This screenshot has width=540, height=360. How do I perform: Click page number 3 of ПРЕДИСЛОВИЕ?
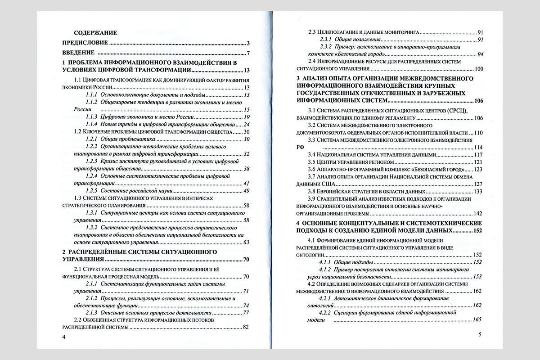tap(248, 43)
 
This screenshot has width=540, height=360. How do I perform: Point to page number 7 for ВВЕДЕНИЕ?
tap(248, 54)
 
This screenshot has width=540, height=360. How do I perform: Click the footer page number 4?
tap(64, 337)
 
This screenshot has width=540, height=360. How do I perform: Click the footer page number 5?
tap(480, 334)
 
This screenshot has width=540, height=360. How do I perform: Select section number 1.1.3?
tap(92, 117)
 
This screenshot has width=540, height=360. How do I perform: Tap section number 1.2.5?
tap(92, 191)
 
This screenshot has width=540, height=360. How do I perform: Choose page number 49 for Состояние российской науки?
tap(246, 191)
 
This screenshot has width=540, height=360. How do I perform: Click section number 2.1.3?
tap(92, 312)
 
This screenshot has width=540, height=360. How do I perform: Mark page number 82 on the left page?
tap(246, 327)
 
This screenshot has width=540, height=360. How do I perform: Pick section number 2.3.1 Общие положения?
tap(326, 40)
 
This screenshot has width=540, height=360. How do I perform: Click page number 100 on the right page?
tap(478, 69)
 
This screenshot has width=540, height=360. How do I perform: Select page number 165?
tap(477, 320)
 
